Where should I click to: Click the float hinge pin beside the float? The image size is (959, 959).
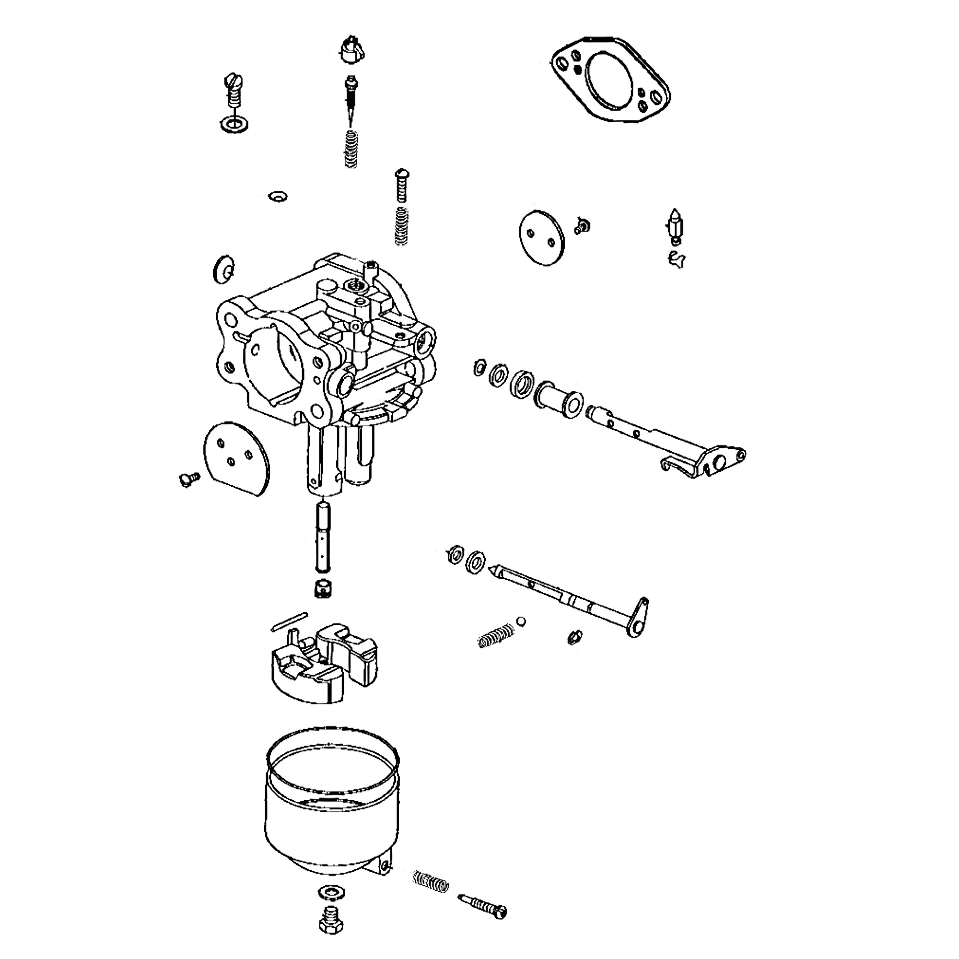[289, 622]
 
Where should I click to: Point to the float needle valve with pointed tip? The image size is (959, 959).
[674, 226]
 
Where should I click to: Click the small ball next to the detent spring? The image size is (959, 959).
[520, 621]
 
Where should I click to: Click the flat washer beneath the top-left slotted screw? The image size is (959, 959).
[234, 124]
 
